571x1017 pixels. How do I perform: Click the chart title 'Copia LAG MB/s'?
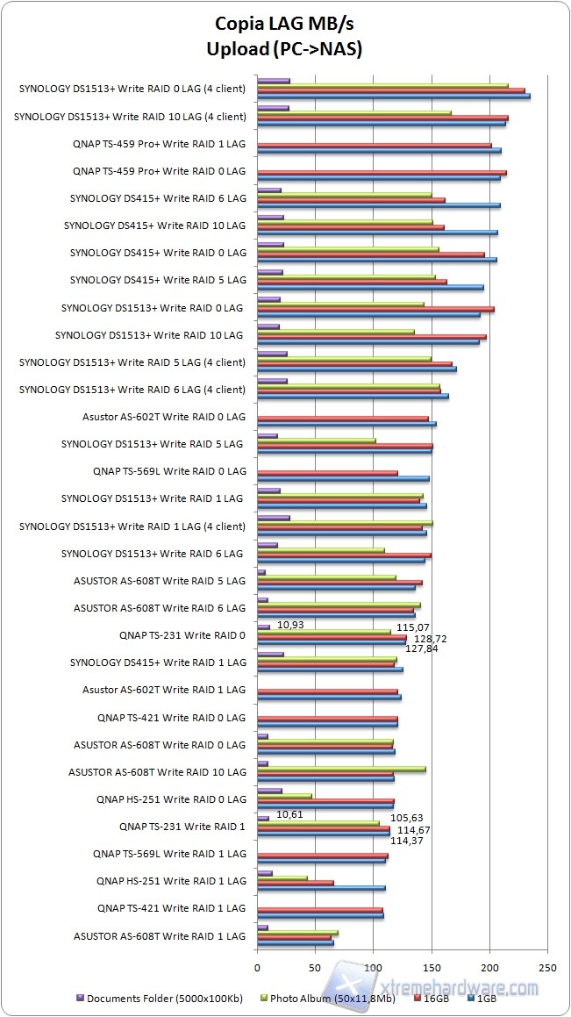pyautogui.click(x=285, y=25)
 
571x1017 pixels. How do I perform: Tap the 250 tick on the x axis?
pyautogui.click(x=547, y=967)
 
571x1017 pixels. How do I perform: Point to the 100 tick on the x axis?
pyautogui.click(x=374, y=967)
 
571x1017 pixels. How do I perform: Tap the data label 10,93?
pyautogui.click(x=291, y=625)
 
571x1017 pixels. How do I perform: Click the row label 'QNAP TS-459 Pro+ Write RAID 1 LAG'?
pyautogui.click(x=159, y=144)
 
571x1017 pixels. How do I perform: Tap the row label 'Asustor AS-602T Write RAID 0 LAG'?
pyautogui.click(x=164, y=417)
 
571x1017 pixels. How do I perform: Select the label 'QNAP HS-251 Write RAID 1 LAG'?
pyautogui.click(x=171, y=880)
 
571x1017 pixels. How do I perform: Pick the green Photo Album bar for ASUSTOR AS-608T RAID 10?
pyautogui.click(x=341, y=769)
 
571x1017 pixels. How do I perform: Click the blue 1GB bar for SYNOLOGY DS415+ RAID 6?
pyautogui.click(x=378, y=205)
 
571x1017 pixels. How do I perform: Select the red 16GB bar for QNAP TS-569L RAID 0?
pyautogui.click(x=327, y=473)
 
